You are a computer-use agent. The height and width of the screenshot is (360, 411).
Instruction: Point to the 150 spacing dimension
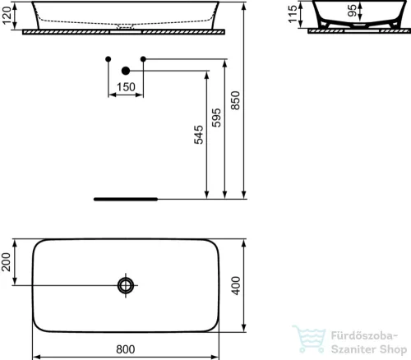pos(125,87)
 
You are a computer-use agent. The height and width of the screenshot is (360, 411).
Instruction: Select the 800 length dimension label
pos(125,348)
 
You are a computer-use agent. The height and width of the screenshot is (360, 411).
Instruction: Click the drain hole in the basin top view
pos(126,285)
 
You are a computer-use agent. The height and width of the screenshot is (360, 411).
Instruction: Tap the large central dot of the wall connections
pos(126,71)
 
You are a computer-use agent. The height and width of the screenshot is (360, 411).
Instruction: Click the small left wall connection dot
pos(108,58)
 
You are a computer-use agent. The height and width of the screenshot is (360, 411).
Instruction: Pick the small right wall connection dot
pos(143,58)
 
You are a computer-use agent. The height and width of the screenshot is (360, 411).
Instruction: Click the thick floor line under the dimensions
pos(125,199)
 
